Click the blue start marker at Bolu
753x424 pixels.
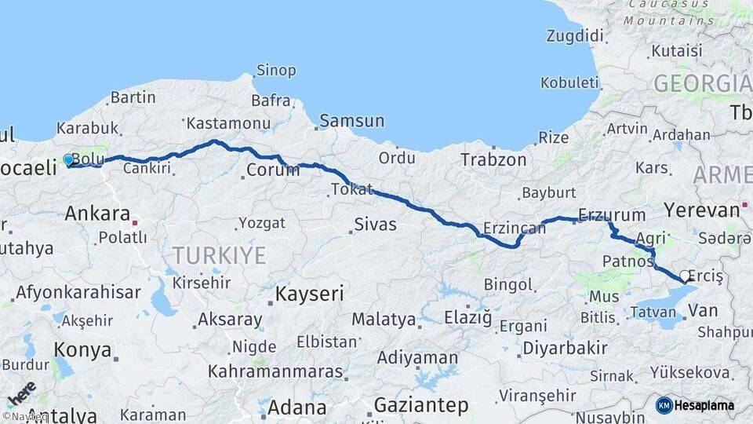coord(68,160)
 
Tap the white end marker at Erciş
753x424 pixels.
coord(685,276)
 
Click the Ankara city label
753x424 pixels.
coord(97,213)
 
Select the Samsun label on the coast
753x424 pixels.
coord(352,121)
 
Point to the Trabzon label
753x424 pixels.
coord(493,159)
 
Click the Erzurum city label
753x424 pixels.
coord(612,214)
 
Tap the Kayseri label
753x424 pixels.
coord(310,294)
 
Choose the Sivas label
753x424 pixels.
coord(375,225)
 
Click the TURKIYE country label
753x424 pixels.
coord(219,255)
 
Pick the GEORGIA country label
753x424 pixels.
coord(702,83)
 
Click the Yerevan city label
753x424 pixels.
coord(702,210)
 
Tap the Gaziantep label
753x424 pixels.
coord(420,406)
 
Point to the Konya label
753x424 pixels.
coord(82,349)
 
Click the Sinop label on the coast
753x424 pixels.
coord(277,71)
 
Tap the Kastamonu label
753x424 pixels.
coord(228,123)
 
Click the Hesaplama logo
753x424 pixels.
coord(695,405)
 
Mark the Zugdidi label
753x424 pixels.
coord(576,35)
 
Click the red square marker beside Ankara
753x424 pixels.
coord(136,222)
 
